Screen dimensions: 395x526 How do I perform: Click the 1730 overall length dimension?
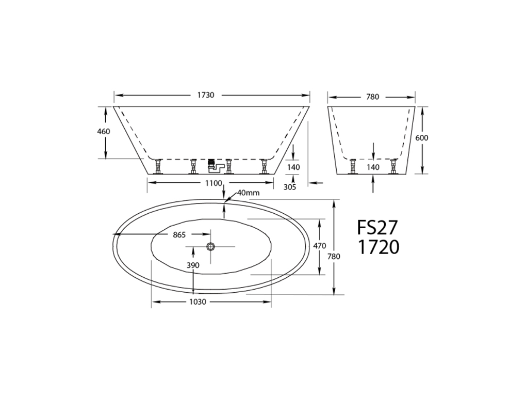point(206,95)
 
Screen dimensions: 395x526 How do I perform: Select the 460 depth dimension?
point(104,132)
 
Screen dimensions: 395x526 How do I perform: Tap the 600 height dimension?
point(422,138)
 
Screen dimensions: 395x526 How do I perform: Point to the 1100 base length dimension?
point(213,183)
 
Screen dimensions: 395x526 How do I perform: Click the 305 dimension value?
point(290,187)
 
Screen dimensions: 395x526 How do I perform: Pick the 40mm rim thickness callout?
point(248,193)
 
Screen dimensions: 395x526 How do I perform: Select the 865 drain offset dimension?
point(179,235)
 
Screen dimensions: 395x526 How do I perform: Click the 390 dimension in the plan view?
point(193,265)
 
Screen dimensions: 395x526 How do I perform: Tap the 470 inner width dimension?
point(320,246)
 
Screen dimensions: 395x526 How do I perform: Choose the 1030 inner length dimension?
point(198,302)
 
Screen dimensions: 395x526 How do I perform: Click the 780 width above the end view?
point(372,97)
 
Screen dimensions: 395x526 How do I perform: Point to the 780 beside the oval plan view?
point(336,256)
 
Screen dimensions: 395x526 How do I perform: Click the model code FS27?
point(377,228)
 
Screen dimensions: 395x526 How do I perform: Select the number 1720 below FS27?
point(379,247)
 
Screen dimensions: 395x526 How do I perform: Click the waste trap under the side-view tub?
point(212,165)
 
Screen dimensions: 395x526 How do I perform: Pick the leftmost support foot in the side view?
point(158,167)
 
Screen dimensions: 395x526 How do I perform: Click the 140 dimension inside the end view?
point(373,167)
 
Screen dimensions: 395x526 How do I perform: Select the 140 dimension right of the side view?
point(293,167)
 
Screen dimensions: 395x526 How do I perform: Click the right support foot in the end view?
point(394,166)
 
